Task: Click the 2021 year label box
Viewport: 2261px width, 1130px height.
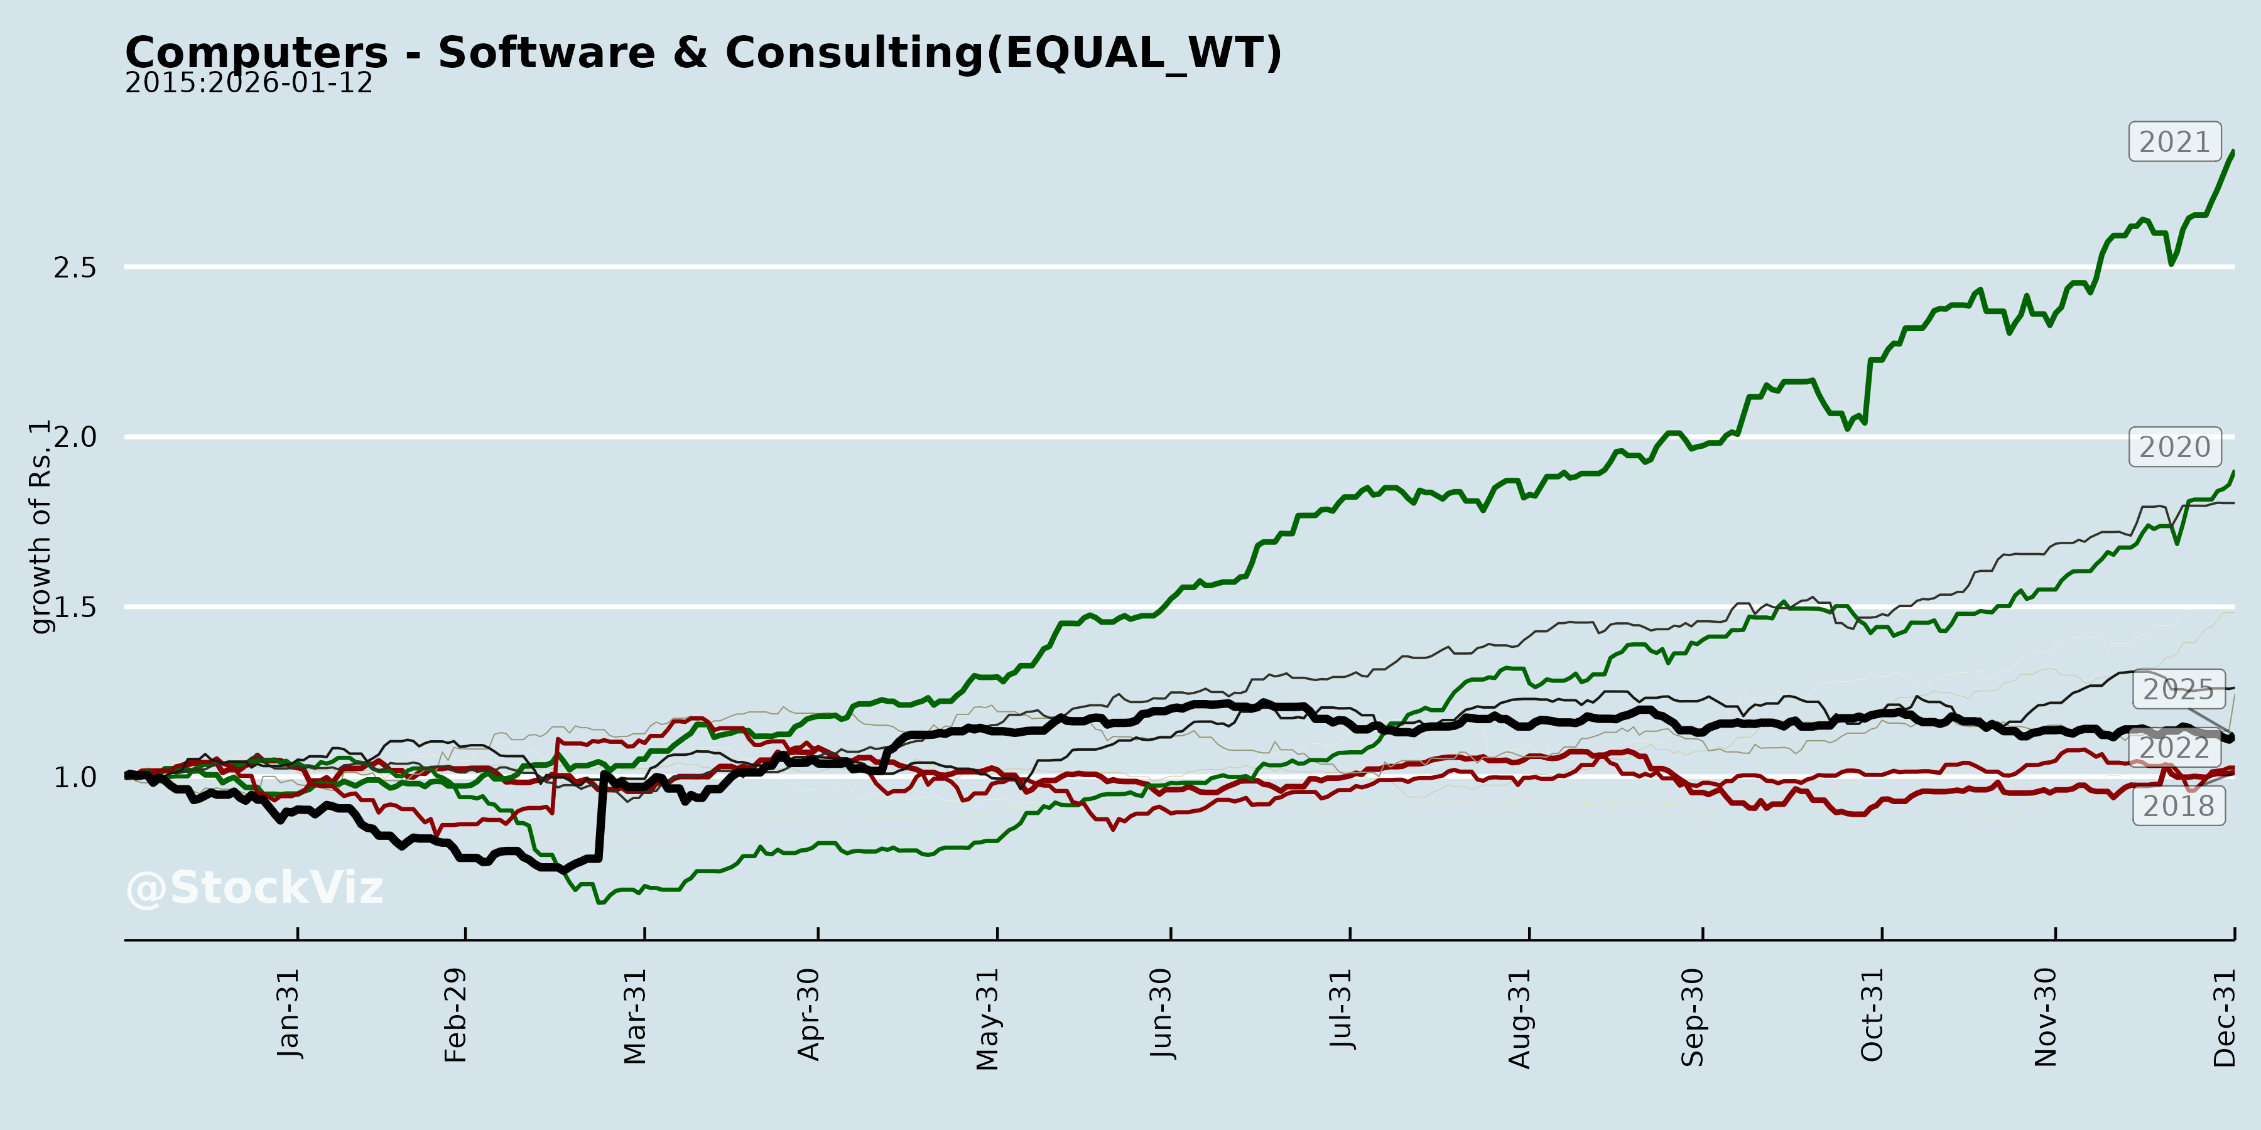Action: coord(2174,142)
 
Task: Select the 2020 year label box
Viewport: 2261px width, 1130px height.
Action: coord(2174,448)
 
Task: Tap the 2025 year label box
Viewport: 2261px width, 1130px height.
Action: coord(2179,689)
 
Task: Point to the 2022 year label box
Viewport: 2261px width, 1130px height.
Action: coord(2174,748)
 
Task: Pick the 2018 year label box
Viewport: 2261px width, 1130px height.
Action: coord(2179,806)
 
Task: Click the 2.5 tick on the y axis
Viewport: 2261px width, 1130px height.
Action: coord(75,267)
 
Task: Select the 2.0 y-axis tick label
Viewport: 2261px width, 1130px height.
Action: coord(75,437)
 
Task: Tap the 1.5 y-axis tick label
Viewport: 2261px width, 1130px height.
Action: coord(75,607)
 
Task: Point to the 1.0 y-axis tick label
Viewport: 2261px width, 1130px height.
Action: coord(75,777)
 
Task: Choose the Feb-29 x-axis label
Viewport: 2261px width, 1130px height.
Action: coord(455,1015)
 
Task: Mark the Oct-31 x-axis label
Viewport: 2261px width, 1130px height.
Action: coord(1872,1015)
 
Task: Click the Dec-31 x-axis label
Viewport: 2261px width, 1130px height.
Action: coord(2224,1018)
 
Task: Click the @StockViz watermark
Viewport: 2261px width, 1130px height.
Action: coord(254,888)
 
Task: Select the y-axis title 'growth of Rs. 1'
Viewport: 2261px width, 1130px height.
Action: coord(40,527)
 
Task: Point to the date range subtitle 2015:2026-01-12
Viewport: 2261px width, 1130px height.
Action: coord(248,83)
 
